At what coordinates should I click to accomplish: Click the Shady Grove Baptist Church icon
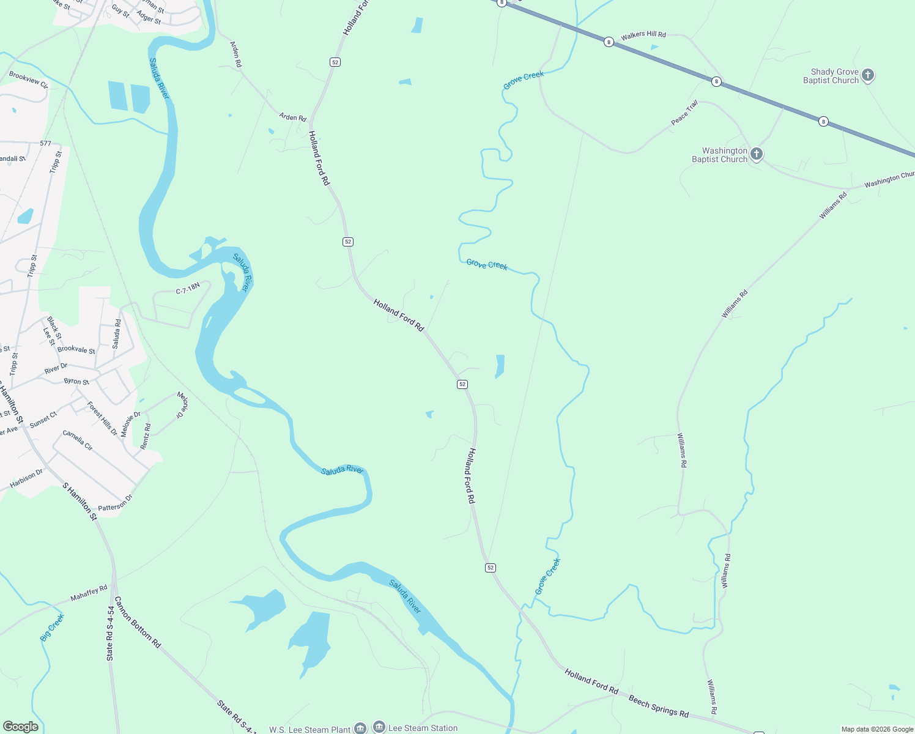point(867,75)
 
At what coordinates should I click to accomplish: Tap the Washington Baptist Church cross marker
point(757,154)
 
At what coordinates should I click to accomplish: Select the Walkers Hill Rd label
point(643,35)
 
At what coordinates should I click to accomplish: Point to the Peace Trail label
point(684,113)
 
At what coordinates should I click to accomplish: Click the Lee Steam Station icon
point(379,727)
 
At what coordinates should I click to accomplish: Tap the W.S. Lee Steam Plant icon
point(360,728)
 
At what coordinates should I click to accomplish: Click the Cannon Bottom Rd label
point(138,622)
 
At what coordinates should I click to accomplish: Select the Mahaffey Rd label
point(89,593)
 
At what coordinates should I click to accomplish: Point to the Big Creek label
point(52,628)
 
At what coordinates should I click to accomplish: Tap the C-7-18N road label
point(188,288)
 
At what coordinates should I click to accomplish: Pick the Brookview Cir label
point(28,80)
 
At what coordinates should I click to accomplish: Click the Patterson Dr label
point(115,503)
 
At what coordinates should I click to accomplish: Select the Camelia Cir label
point(78,440)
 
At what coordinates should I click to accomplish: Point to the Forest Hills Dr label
point(102,418)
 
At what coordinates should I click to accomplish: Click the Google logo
point(20,727)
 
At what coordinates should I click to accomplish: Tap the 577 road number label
point(45,143)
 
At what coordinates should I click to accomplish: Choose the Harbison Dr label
point(26,478)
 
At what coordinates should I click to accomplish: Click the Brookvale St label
point(76,350)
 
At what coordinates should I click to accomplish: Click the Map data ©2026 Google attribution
point(877,729)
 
